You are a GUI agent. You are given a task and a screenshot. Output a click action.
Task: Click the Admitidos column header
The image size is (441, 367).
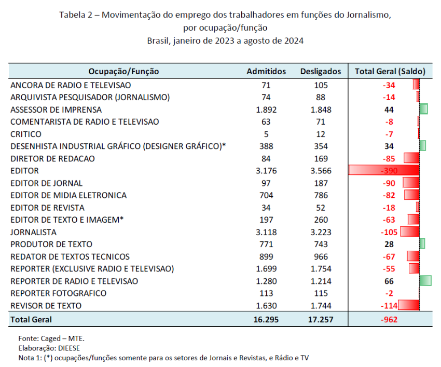(x=266, y=72)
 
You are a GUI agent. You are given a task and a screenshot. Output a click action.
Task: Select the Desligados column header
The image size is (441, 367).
(x=321, y=72)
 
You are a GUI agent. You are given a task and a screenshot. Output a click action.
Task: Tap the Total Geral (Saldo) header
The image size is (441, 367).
(x=390, y=72)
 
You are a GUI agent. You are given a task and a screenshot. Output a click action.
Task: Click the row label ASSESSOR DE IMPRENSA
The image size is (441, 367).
(x=56, y=110)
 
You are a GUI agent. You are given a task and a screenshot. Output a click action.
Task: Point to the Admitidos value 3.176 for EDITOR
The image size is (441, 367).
(x=266, y=171)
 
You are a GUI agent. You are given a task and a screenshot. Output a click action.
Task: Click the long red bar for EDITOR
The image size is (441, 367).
(x=384, y=170)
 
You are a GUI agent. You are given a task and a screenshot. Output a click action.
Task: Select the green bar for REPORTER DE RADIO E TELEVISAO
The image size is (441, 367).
(x=425, y=281)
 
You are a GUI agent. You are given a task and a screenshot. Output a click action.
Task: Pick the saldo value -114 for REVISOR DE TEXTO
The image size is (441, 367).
(x=389, y=306)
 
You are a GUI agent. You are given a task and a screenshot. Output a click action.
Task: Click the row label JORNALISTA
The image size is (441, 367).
(x=34, y=232)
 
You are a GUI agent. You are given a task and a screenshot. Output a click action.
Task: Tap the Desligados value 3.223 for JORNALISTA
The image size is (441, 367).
(x=321, y=232)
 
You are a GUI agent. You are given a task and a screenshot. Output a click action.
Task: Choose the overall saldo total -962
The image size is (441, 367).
(x=389, y=320)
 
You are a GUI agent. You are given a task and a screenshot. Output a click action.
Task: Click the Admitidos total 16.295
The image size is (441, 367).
(x=266, y=320)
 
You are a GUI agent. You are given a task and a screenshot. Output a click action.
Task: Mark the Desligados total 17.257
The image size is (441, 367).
(x=321, y=320)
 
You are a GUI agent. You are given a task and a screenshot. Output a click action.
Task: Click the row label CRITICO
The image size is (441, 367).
(x=26, y=134)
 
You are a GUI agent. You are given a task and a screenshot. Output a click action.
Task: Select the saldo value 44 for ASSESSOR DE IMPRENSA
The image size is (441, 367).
(x=389, y=110)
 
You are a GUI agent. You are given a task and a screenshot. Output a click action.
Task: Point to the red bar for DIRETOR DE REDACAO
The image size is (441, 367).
(x=412, y=158)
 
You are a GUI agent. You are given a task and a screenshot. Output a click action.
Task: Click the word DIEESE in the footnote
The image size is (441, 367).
(x=69, y=348)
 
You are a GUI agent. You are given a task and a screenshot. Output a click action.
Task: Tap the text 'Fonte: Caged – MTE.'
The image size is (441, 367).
(x=51, y=338)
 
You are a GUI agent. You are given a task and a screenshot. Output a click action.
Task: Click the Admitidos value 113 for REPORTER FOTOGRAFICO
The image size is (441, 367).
(x=266, y=293)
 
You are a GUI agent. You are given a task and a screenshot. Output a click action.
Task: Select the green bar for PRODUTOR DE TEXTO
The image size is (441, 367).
(x=422, y=244)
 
